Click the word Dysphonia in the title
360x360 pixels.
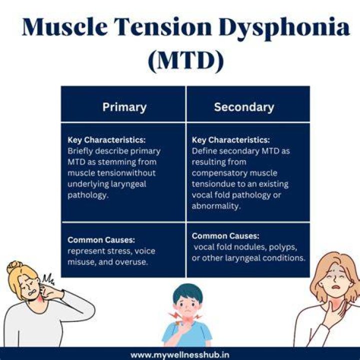284,28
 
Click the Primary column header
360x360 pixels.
124,107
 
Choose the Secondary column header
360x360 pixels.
244,107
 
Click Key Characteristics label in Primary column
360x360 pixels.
106,140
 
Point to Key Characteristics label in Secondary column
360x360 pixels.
230,140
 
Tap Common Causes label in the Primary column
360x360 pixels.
101,240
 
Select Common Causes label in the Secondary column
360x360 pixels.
225,236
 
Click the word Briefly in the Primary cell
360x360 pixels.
80,151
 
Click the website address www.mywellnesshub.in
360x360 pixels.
180,355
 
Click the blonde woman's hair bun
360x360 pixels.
14,267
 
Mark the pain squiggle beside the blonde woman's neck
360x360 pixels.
48,279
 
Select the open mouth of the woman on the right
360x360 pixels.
335,287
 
